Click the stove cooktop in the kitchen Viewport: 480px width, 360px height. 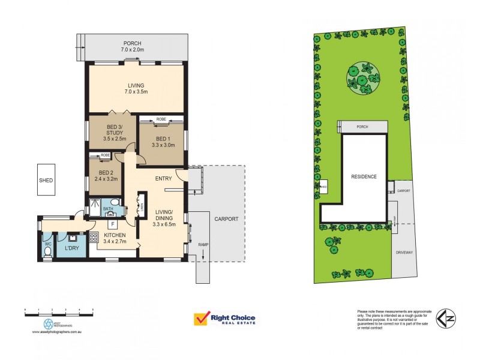point(94,236)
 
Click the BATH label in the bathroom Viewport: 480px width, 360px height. point(108,209)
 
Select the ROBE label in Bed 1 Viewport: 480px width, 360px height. point(161,119)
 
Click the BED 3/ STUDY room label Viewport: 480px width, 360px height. point(113,131)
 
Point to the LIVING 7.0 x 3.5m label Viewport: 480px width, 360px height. point(136,89)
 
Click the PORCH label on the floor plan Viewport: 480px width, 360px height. point(133,43)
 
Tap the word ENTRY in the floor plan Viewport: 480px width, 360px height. point(163,178)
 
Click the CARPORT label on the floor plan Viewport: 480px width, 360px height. point(226,219)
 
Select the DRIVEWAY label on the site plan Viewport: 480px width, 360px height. point(404,253)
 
